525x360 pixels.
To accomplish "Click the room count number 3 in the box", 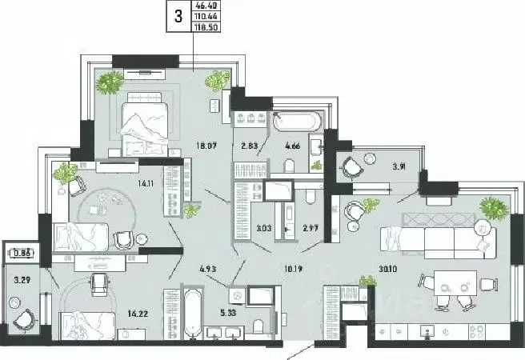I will click(178, 14).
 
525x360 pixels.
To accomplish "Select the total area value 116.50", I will click(206, 26).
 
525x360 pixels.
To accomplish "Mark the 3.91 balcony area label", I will click(396, 167).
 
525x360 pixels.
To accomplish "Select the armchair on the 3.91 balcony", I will click(351, 167).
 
